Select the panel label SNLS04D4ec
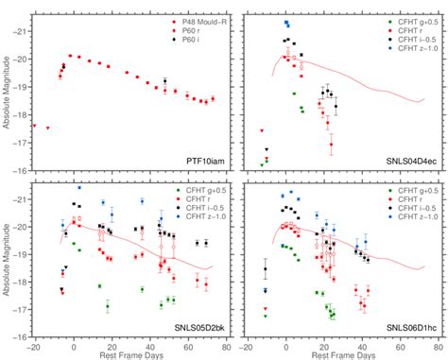point(406,162)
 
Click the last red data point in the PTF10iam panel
point(213,99)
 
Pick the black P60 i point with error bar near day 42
point(165,82)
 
